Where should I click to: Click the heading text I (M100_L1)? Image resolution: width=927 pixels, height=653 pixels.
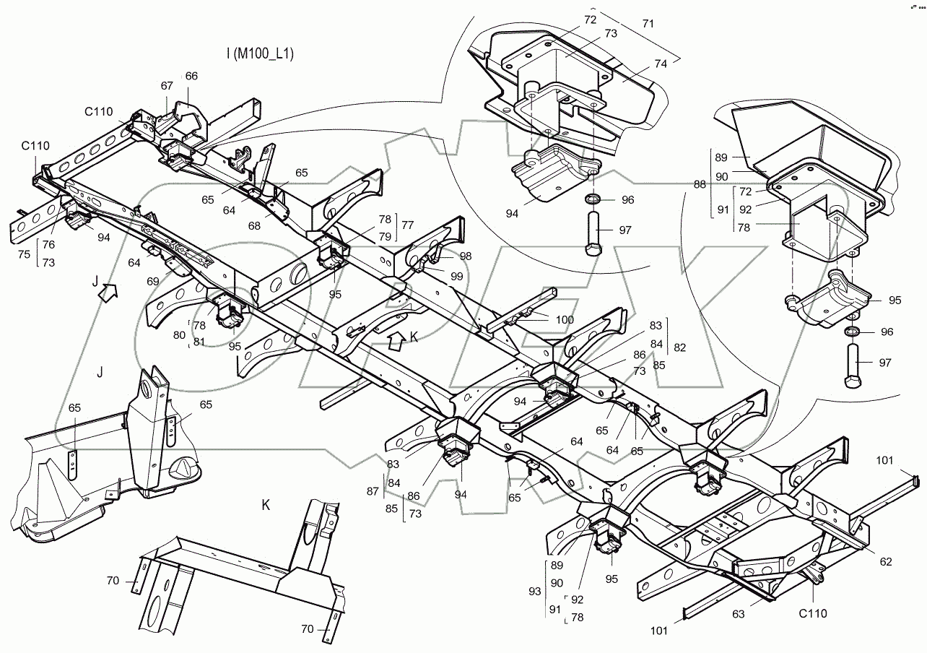coord(260,54)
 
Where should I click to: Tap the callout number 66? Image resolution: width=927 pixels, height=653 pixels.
coord(191,76)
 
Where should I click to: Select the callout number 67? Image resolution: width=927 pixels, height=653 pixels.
coord(167,86)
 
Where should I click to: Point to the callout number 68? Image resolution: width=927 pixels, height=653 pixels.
coord(255,225)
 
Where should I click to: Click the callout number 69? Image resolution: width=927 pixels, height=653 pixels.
coord(153,282)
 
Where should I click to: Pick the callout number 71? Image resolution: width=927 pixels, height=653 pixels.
coord(648,24)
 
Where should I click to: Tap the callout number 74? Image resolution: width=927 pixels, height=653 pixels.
coord(661,64)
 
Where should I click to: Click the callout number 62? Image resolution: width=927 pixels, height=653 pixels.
coord(886,562)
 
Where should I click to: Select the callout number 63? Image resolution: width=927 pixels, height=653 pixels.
coord(739,614)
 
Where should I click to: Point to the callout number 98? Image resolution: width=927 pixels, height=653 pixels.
coord(466,256)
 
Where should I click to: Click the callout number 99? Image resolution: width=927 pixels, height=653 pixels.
coord(456,276)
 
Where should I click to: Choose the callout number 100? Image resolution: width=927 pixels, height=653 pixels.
coord(565,320)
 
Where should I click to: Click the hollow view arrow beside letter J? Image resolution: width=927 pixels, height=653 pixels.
coord(108,293)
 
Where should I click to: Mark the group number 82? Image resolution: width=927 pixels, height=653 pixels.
coord(680,347)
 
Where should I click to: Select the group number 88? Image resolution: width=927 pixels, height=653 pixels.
coord(700,184)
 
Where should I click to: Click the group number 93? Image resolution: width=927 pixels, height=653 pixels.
coord(535,592)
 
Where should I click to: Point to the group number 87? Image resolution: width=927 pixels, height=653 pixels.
coord(373,491)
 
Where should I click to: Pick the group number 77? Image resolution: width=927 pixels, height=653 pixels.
coord(408,225)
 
